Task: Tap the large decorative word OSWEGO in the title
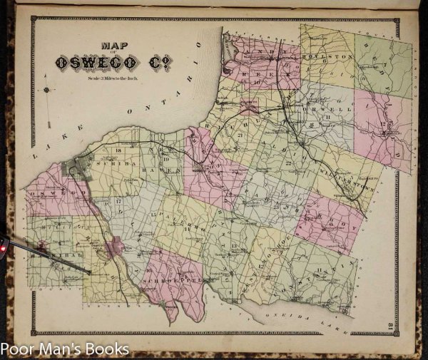pos(93,63)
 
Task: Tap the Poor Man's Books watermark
pos(64,349)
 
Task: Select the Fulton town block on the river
pos(112,250)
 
